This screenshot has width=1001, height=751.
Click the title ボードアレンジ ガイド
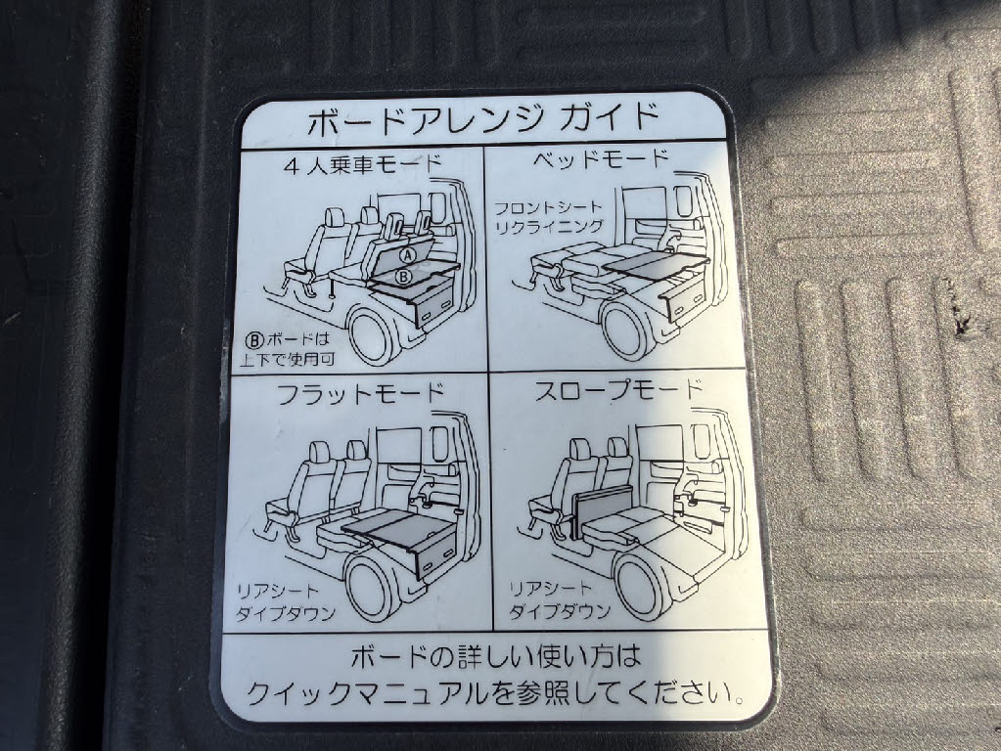(x=483, y=123)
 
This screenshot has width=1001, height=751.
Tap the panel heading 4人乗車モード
(x=363, y=163)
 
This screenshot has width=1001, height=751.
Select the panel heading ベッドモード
(x=602, y=158)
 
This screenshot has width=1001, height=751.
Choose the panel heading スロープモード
(x=618, y=388)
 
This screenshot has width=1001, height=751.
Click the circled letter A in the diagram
(x=409, y=254)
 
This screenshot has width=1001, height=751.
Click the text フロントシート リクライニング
(x=549, y=217)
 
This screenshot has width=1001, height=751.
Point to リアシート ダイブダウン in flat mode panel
(x=286, y=600)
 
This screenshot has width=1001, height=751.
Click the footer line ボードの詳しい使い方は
(x=497, y=654)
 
